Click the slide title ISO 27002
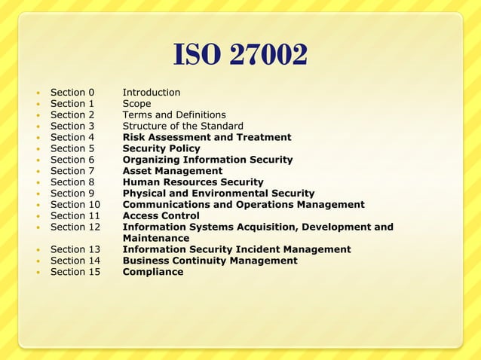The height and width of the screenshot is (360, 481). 240,55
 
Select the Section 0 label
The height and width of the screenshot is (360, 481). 72,93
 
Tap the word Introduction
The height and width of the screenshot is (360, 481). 152,93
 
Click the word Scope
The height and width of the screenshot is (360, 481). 136,104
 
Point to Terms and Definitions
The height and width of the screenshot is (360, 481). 174,115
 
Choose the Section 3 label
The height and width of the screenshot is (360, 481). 72,126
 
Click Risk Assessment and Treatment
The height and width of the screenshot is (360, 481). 207,137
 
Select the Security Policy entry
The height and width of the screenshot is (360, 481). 161,148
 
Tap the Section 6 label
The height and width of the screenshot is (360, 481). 72,160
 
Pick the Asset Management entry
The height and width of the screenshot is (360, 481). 173,171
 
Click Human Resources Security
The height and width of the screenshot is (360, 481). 193,182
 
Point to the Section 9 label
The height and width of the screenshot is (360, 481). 72,194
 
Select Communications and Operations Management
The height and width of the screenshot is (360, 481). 244,205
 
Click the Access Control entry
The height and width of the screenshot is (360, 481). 161,216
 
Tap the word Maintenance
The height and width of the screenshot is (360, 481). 156,238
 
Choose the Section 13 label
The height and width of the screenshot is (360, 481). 75,249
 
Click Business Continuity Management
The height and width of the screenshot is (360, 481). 210,261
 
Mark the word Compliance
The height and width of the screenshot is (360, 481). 153,272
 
